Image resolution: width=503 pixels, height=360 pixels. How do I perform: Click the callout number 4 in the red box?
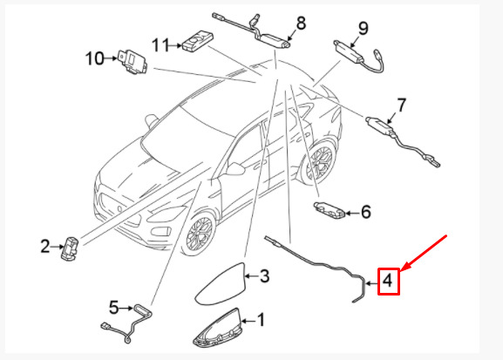tap(388, 281)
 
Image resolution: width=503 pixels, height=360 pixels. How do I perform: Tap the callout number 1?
tap(262, 320)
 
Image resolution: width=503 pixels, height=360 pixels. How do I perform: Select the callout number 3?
tap(264, 275)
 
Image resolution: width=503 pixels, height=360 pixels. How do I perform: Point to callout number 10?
tap(95, 58)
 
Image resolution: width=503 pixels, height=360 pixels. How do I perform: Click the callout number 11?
tap(160, 45)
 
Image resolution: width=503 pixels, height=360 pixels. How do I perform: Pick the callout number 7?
tap(402, 105)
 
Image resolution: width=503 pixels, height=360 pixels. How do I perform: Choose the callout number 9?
tap(364, 28)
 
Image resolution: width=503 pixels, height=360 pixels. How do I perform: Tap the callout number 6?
tap(366, 212)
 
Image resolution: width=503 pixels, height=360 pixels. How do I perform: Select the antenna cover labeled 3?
tap(221, 283)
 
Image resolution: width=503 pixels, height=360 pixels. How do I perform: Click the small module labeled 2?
tap(70, 248)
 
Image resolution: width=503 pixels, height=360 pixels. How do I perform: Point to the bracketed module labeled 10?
tap(133, 62)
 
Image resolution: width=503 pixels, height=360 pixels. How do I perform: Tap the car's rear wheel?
tap(319, 162)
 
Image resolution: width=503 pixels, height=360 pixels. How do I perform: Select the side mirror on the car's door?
tap(235, 169)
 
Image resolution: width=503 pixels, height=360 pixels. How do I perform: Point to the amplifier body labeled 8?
tap(273, 40)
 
